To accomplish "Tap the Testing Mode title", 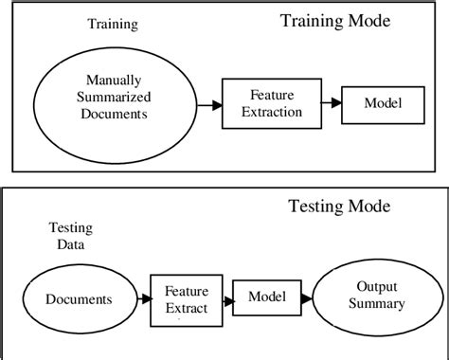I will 338,206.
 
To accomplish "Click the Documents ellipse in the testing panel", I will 79,299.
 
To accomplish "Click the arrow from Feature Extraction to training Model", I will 324,102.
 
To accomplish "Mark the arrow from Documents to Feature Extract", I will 137,299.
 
